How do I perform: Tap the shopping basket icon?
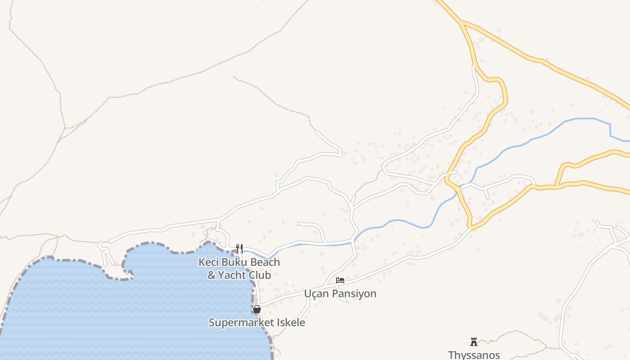coord(257,309)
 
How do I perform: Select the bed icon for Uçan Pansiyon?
coord(340,280)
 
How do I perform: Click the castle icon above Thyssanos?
coord(474,342)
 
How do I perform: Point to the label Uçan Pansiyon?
coord(340,294)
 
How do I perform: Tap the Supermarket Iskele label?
coord(257,323)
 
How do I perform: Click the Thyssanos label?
coord(474,355)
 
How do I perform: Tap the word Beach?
coord(265,262)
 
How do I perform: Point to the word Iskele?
coord(290,323)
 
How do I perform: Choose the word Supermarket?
coord(241,323)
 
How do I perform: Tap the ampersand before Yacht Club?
coord(211,275)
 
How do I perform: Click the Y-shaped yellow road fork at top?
coord(461,21)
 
